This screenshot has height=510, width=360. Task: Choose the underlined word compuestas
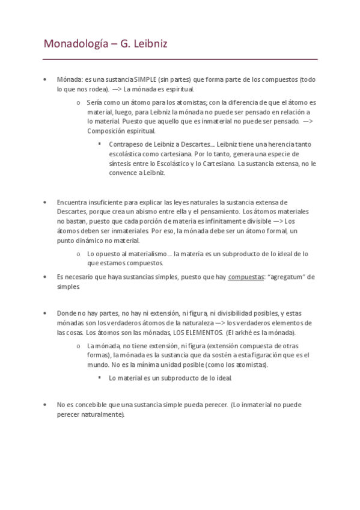click(x=246, y=277)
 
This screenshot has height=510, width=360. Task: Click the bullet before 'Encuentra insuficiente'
click(x=45, y=202)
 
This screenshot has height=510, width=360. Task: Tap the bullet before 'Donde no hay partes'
click(x=45, y=313)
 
